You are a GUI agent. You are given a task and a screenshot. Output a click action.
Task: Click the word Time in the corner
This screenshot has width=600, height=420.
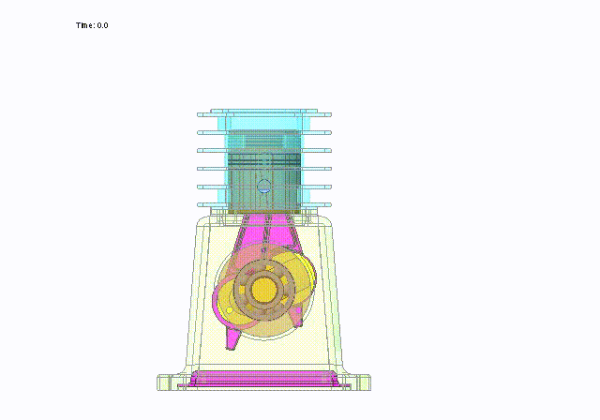click(84, 25)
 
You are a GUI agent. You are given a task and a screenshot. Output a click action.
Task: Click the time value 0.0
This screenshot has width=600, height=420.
click(102, 25)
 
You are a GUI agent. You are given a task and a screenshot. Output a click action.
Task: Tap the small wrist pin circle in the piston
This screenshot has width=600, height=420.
click(263, 186)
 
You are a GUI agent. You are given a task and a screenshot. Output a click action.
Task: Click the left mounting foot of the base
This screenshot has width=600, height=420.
click(167, 381)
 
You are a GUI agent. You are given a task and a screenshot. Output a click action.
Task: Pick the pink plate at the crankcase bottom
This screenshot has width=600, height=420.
click(263, 379)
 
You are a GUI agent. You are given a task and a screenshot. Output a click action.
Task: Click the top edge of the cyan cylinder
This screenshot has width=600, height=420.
click(263, 110)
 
